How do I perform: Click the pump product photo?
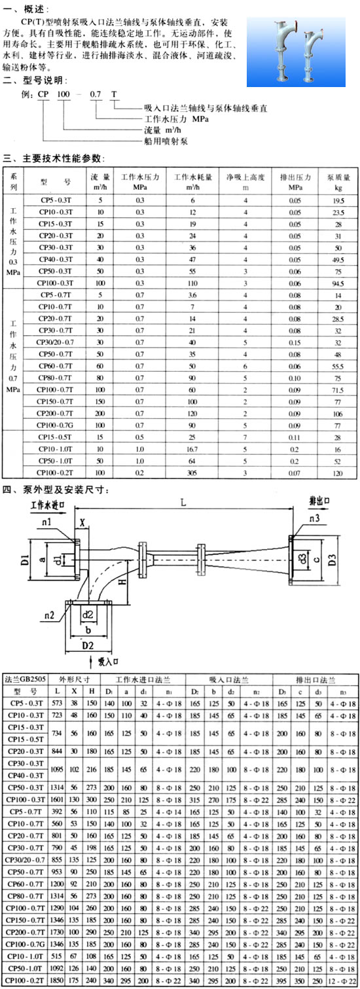click(295, 52)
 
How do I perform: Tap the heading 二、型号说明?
click(35, 81)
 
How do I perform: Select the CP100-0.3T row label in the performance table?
click(55, 283)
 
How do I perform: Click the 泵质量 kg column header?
click(338, 182)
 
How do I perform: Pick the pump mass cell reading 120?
click(338, 473)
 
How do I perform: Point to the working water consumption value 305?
click(192, 473)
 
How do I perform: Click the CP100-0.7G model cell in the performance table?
click(55, 425)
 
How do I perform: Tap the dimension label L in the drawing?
click(183, 502)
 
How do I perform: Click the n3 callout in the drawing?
click(314, 518)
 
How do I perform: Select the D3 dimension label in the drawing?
click(333, 560)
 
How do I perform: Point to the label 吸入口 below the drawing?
click(108, 661)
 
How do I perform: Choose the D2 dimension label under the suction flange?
click(88, 645)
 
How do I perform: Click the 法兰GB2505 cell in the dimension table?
click(25, 679)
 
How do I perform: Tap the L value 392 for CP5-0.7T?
click(56, 812)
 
